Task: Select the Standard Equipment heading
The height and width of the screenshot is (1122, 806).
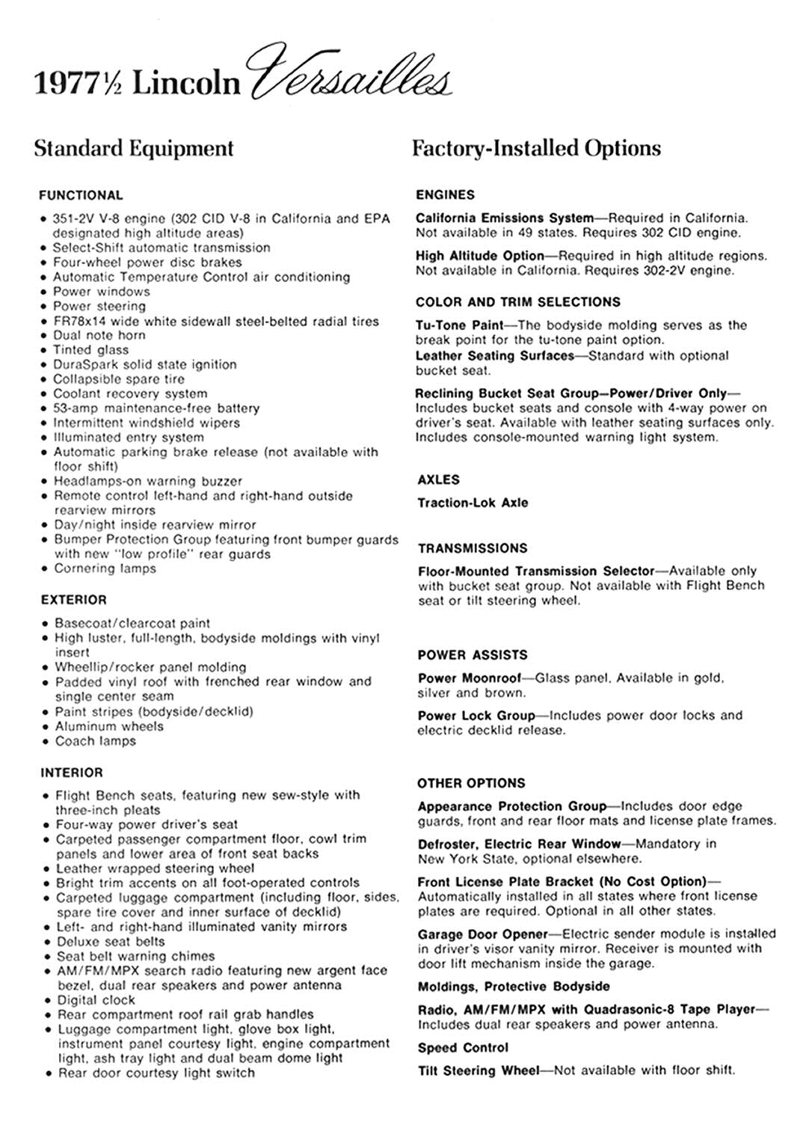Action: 134,148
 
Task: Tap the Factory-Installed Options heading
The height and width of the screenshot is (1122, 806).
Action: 536,148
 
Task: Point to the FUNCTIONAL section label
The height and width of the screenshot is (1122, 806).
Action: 81,196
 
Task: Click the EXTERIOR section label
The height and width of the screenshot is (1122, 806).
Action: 74,600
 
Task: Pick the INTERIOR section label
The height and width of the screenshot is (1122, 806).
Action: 72,773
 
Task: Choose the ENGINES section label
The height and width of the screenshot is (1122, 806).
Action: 446,195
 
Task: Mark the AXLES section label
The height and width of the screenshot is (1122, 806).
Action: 439,480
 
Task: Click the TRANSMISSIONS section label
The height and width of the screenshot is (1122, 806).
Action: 473,548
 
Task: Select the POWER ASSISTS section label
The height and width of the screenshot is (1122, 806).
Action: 473,655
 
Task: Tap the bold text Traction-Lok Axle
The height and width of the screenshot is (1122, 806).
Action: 473,503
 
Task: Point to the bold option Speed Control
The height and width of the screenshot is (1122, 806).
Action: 463,1048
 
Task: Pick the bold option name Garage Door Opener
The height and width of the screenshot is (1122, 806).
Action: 482,934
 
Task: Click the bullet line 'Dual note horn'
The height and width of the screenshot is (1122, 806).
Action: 99,336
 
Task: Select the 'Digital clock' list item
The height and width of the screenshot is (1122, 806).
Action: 96,1000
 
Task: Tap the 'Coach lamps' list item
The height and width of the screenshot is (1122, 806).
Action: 96,741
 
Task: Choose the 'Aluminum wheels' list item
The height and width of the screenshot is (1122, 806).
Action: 109,726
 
